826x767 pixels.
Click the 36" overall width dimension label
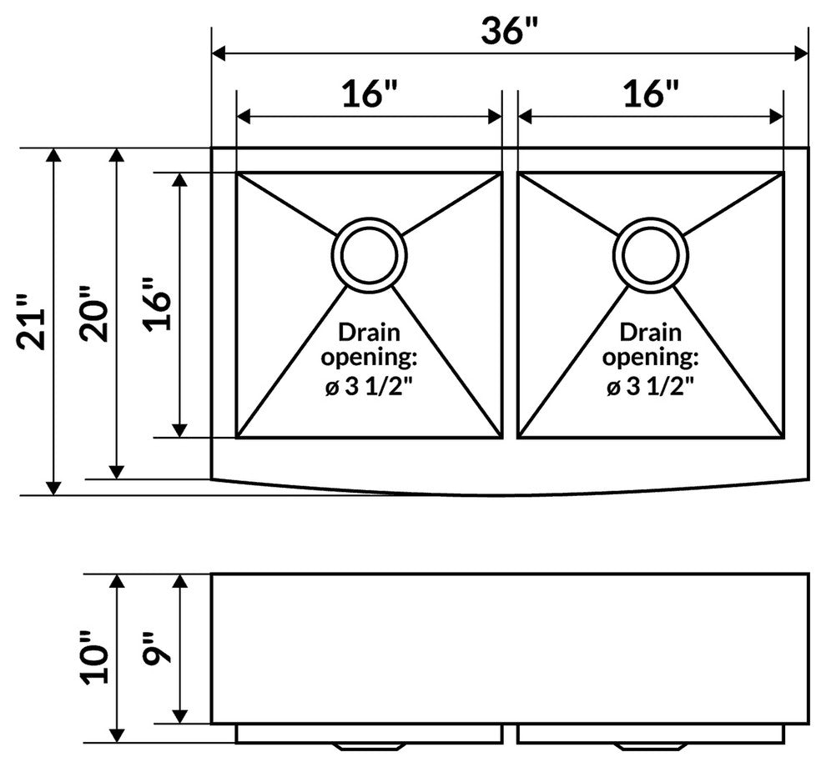click(x=510, y=30)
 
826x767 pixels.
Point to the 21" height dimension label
click(x=31, y=321)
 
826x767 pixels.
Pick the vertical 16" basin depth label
click(x=156, y=304)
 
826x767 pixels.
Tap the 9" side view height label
click(x=157, y=646)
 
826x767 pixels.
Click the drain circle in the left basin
click(x=369, y=254)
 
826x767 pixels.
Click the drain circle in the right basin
click(x=651, y=254)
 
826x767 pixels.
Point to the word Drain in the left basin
click(x=369, y=333)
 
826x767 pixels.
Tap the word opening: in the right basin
click(x=651, y=358)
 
